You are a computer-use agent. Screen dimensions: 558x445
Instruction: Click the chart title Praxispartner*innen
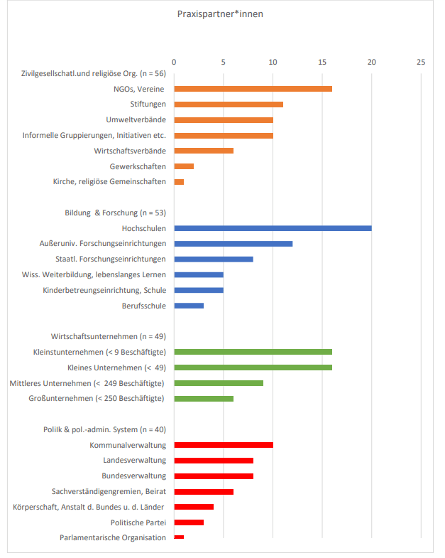click(220, 14)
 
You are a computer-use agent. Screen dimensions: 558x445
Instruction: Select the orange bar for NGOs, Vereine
click(253, 89)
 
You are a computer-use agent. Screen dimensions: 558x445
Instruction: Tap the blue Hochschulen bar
click(273, 228)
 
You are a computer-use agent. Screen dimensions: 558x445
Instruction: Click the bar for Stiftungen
click(229, 104)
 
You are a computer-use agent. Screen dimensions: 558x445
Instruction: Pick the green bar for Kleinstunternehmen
click(253, 352)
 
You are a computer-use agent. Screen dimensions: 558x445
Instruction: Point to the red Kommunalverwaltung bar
click(224, 445)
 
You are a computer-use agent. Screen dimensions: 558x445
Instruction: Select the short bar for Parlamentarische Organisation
click(179, 537)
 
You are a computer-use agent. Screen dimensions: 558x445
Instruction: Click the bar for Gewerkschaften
click(184, 166)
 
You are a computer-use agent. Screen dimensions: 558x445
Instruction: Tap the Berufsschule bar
click(189, 306)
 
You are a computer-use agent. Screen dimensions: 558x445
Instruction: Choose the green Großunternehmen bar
click(204, 398)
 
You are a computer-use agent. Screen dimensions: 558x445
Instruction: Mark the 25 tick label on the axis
click(421, 62)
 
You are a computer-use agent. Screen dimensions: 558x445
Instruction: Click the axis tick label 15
click(322, 62)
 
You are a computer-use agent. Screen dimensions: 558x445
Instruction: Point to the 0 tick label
click(174, 62)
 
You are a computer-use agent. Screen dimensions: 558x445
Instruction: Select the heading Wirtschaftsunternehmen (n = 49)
click(108, 336)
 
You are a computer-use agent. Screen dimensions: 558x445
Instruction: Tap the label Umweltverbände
click(136, 119)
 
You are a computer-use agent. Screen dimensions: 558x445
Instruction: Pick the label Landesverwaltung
click(134, 460)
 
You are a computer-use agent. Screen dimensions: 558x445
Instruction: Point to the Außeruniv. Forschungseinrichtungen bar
click(233, 244)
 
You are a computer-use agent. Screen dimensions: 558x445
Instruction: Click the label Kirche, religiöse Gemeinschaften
click(109, 181)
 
